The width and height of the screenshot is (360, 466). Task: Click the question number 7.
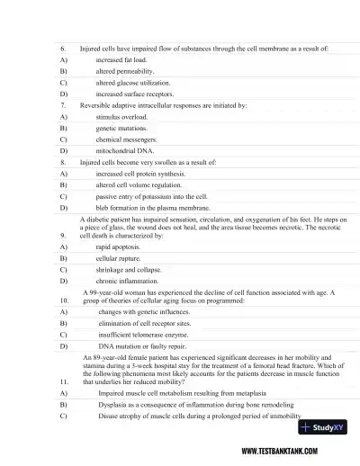tap(62, 105)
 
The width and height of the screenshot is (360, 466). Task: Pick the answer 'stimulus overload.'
tap(124, 117)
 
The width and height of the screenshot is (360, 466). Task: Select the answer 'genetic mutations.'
tap(125, 129)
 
